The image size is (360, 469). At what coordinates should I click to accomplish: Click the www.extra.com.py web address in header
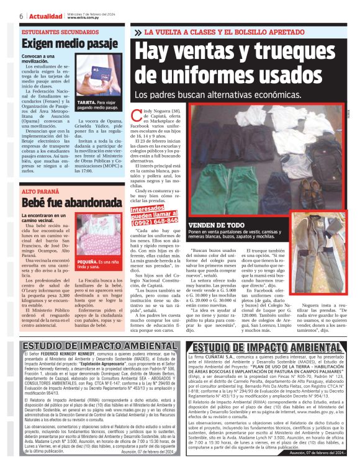click(x=84, y=18)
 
